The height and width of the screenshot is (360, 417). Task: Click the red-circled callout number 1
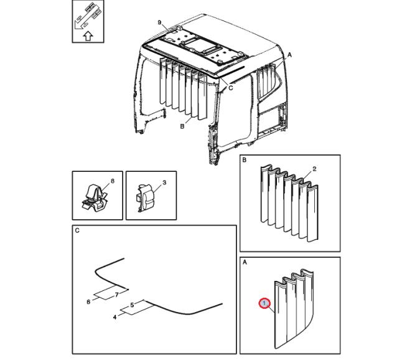tap(265, 303)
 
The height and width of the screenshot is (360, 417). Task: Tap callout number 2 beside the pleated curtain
tap(314, 169)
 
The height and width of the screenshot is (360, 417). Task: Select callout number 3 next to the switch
tap(164, 182)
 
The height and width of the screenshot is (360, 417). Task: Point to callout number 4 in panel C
tap(115, 317)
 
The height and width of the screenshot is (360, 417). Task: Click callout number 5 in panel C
tap(132, 305)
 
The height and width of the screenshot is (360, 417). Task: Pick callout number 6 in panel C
tap(88, 301)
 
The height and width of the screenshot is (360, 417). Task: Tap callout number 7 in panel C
tap(116, 295)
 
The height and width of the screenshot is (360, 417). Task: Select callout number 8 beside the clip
tap(113, 181)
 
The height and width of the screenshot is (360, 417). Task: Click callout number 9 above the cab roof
tap(159, 22)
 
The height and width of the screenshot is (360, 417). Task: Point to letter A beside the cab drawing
tap(289, 55)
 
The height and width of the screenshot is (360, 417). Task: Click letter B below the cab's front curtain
tap(182, 126)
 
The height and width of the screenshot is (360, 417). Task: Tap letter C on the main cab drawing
tap(230, 88)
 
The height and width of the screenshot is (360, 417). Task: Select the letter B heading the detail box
tap(245, 160)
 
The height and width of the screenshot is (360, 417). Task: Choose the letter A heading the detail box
tap(245, 262)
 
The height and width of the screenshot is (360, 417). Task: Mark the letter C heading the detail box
tap(77, 230)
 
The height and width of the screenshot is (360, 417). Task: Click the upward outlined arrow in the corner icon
tap(88, 36)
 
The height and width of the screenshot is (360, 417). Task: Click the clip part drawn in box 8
tap(95, 197)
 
